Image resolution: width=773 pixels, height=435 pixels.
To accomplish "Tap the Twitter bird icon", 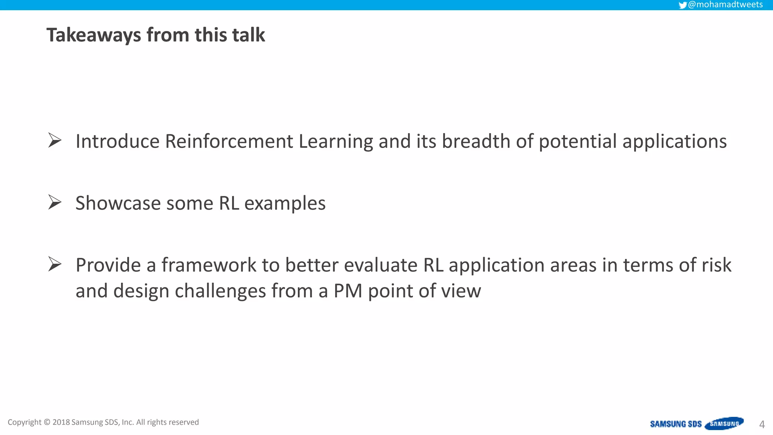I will tap(682, 5).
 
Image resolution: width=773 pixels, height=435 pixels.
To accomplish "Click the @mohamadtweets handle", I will tap(725, 5).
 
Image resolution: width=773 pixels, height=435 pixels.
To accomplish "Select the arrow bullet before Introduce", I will tap(55, 140).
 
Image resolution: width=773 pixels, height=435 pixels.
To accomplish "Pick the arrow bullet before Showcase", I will tap(55, 202).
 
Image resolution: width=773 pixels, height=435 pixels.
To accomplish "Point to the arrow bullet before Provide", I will tap(55, 264).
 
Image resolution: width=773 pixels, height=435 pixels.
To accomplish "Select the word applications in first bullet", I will tap(674, 142).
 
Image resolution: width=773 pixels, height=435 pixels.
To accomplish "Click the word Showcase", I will tap(118, 203).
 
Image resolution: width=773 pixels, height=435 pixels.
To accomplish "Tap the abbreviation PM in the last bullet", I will tap(348, 291).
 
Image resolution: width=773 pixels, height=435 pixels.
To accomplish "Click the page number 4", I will tap(762, 424).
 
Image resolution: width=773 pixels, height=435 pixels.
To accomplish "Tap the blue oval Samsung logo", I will tap(724, 424).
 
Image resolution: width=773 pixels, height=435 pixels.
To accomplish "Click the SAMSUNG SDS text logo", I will tap(675, 424).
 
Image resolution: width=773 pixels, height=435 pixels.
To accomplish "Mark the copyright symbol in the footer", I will tap(47, 422).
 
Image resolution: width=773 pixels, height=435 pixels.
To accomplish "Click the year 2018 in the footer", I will tap(61, 422).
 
